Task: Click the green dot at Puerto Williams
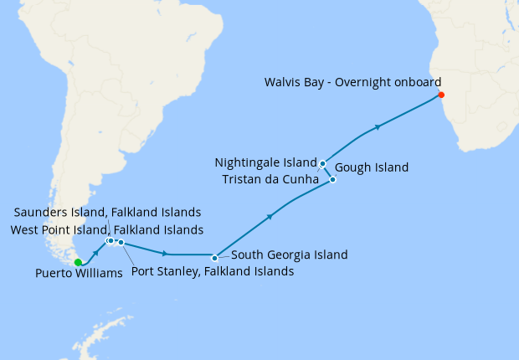point(78,262)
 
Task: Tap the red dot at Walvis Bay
point(441,95)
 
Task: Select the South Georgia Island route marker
point(215,258)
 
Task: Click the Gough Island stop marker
point(332,179)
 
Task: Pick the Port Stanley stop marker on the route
point(121,243)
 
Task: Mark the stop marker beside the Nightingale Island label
point(322,163)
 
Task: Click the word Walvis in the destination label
point(282,82)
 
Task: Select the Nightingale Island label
point(266,162)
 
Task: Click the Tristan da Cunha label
point(270,178)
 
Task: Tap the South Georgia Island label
point(289,255)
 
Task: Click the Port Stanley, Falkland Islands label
point(213,271)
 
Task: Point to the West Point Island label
point(106,229)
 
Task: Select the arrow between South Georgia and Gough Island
point(270,217)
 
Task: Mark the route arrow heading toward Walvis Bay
point(378,127)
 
